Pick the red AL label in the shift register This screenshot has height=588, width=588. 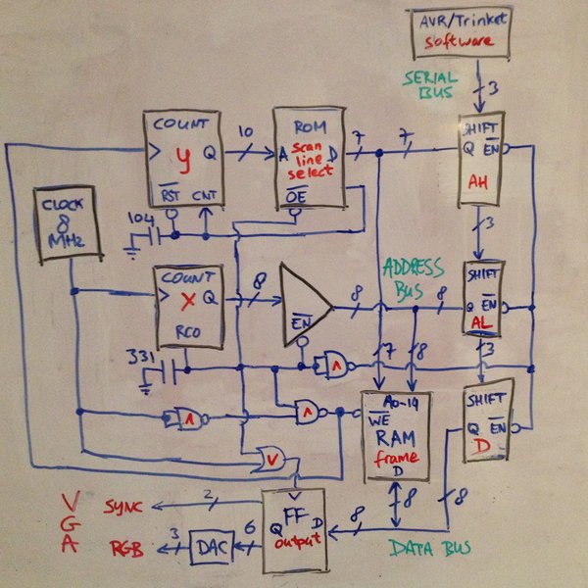click(481, 320)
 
